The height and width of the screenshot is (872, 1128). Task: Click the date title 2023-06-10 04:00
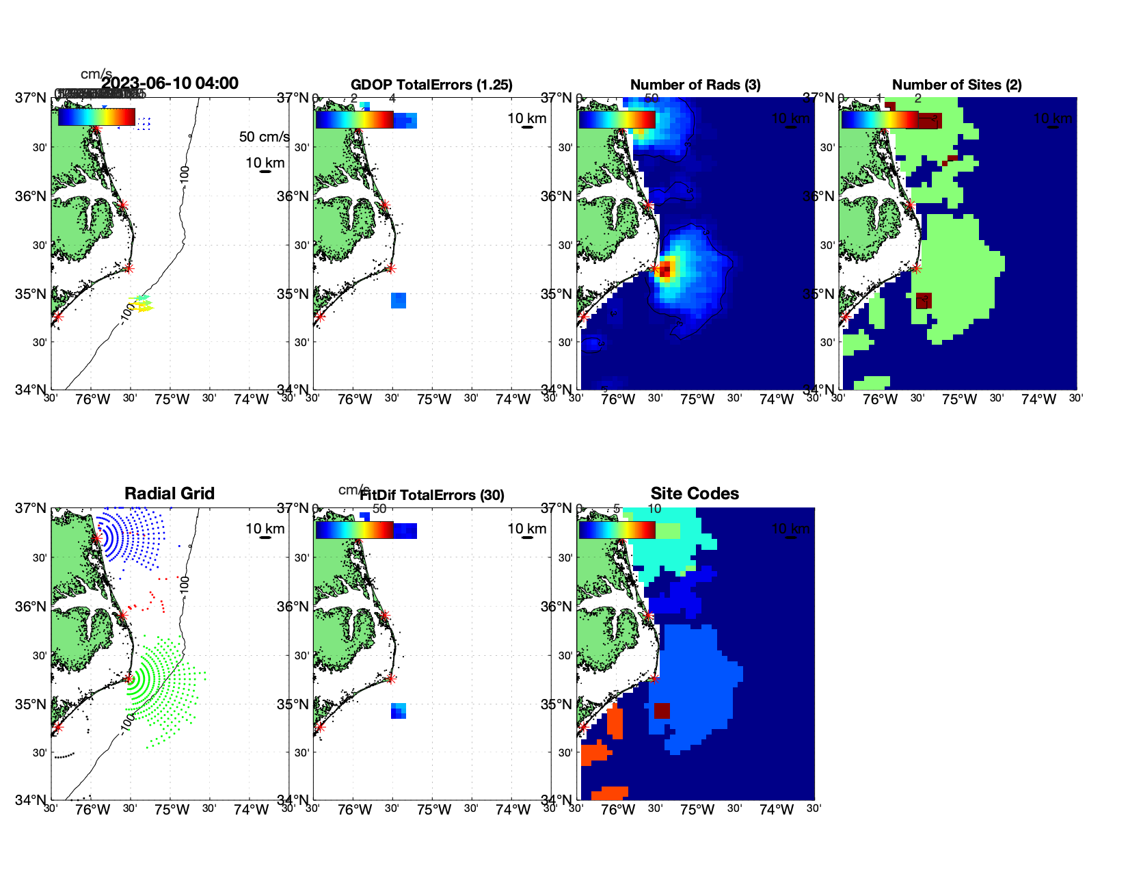click(x=170, y=83)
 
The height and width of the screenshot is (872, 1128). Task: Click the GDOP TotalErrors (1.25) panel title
click(x=431, y=85)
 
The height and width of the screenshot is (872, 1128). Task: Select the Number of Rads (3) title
click(x=695, y=85)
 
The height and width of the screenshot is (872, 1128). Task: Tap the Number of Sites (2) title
click(x=956, y=85)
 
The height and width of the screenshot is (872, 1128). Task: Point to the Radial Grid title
click(x=170, y=494)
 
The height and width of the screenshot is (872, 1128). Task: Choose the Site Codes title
click(x=695, y=494)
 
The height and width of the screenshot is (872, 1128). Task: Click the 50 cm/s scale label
click(x=264, y=137)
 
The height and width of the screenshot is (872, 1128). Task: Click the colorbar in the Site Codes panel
click(x=617, y=530)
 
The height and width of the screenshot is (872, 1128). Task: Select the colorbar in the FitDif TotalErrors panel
click(x=354, y=530)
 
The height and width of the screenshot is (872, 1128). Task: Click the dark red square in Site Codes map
click(x=662, y=711)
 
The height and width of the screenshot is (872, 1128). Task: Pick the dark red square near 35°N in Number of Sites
click(x=924, y=300)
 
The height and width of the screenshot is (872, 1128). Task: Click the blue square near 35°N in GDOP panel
click(x=399, y=300)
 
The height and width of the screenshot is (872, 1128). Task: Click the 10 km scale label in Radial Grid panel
click(x=265, y=529)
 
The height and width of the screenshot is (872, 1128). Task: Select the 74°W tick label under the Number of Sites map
click(x=1038, y=399)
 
